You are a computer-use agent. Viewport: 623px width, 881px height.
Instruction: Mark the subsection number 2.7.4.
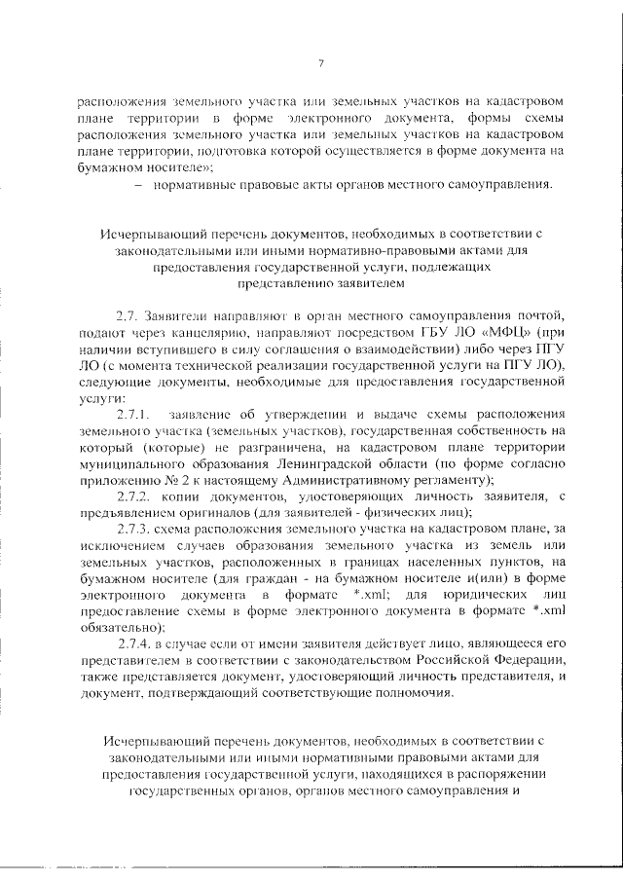[x=134, y=644]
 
